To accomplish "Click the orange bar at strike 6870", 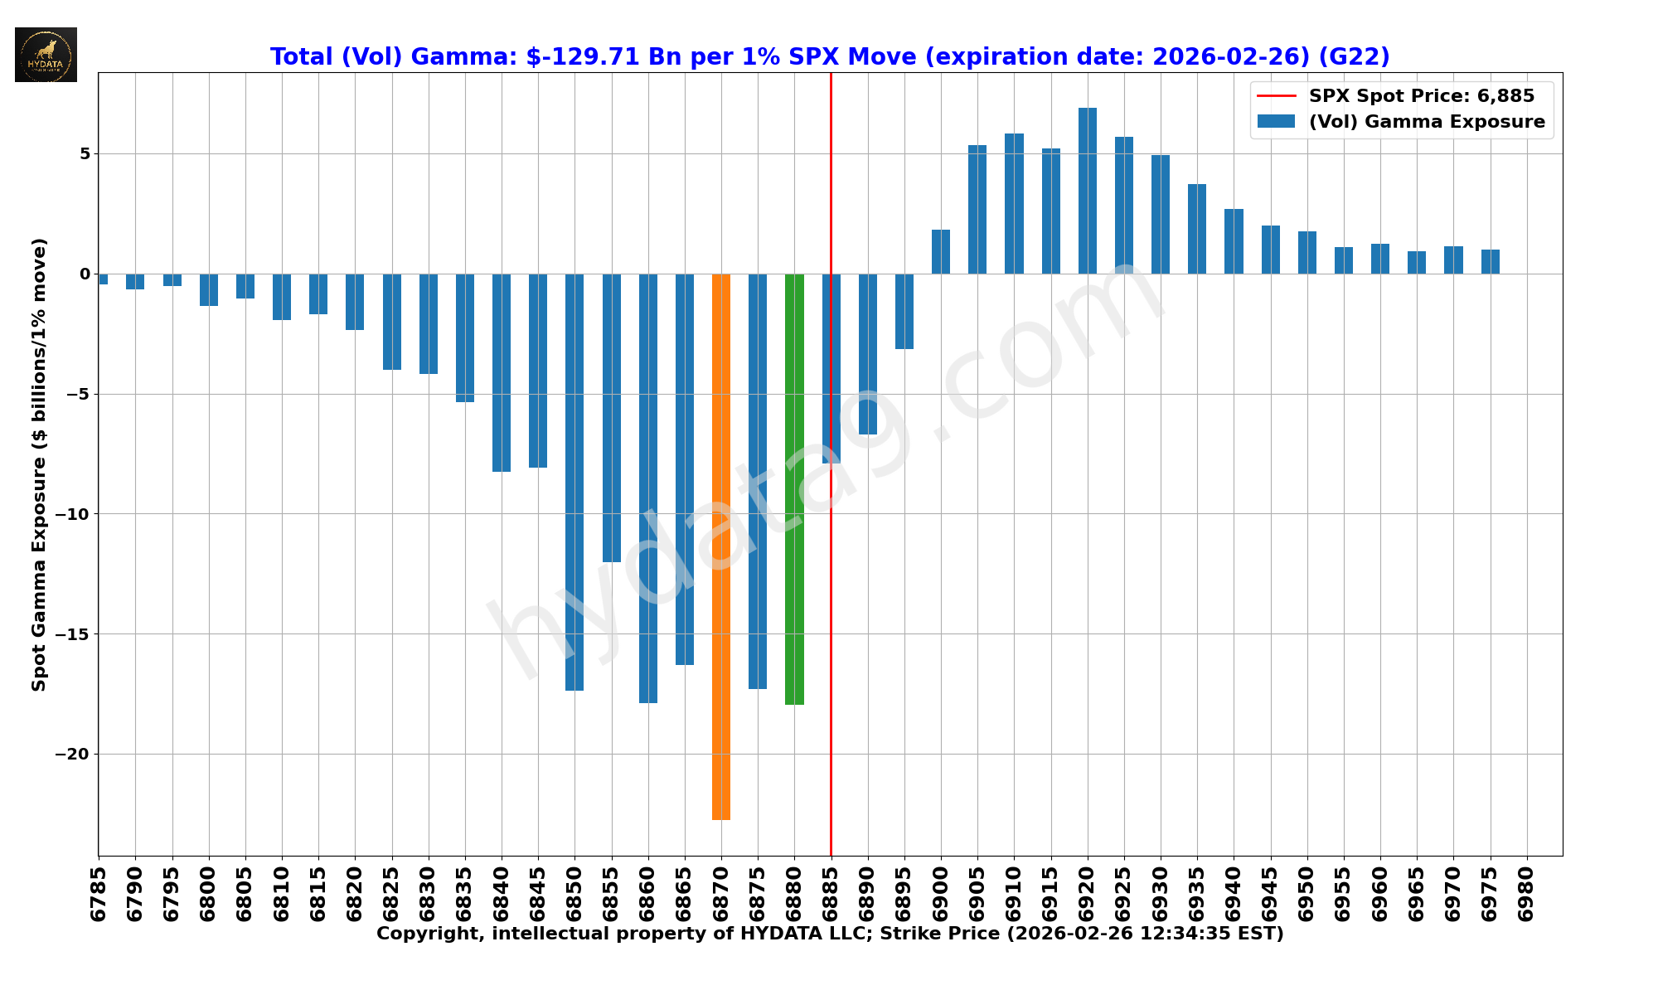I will click(x=721, y=547).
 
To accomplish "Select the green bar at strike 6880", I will click(x=794, y=489).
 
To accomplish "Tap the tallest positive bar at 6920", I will click(x=1087, y=191).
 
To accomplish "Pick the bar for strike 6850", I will click(x=574, y=481).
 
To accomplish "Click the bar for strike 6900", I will click(x=941, y=252).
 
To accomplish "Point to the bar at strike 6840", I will click(x=502, y=373).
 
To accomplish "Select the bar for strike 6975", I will click(x=1490, y=262).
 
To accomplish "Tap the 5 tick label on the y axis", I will click(x=85, y=154).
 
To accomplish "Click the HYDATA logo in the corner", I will click(x=46, y=55).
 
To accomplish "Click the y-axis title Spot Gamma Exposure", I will click(x=39, y=464).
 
